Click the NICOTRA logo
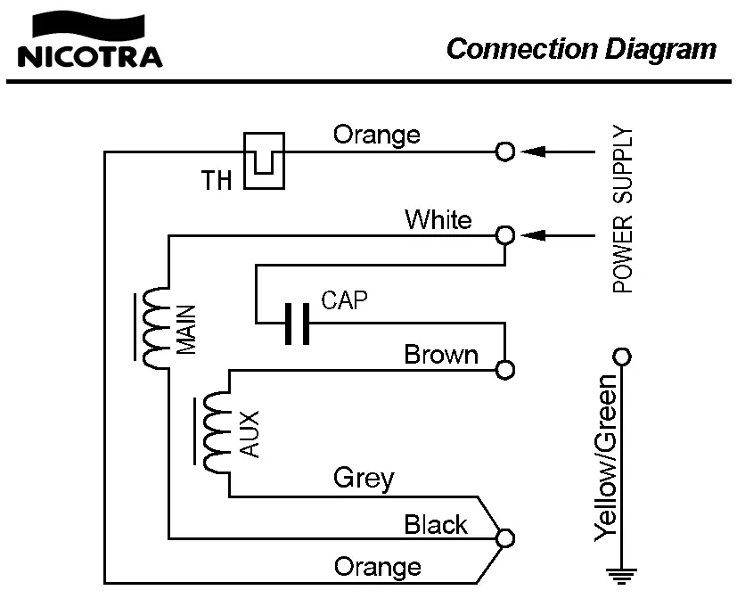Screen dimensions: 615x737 tap(90, 45)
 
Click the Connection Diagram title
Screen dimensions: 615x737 tap(581, 48)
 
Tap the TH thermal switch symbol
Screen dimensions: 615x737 tap(264, 160)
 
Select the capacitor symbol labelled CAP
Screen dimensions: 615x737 tap(297, 324)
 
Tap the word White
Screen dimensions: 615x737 tap(438, 219)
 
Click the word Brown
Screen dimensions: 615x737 tap(441, 355)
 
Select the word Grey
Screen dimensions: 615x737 tap(364, 478)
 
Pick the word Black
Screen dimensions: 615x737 tap(436, 524)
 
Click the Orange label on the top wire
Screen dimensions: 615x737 tap(376, 135)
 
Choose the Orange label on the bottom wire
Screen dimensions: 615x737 tap(377, 566)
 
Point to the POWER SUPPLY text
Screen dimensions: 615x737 tap(624, 210)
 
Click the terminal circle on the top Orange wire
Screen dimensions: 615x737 tap(505, 152)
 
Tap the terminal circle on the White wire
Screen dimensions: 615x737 tap(505, 235)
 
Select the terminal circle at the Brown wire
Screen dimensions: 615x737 tap(505, 369)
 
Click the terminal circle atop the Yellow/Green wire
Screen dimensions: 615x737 tap(621, 357)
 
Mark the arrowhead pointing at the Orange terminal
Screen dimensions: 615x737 tap(532, 152)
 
